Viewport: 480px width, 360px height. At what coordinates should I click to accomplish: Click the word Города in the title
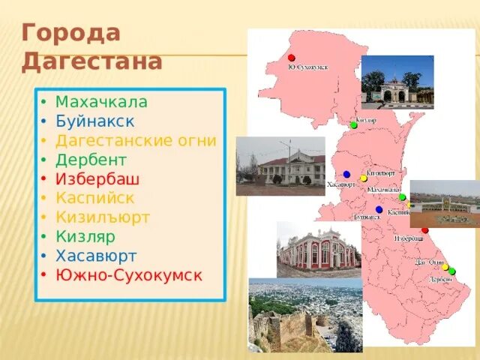(x=70, y=34)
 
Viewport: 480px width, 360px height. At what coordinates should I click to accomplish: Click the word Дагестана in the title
(x=91, y=61)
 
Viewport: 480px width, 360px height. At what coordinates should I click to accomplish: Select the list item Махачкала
(x=101, y=101)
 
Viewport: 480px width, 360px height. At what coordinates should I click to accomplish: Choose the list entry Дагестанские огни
(x=136, y=140)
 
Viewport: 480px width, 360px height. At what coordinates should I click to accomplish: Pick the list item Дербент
(x=91, y=160)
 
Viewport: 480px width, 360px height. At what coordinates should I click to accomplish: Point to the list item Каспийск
(x=94, y=198)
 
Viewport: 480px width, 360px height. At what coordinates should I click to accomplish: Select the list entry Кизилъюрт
(x=103, y=217)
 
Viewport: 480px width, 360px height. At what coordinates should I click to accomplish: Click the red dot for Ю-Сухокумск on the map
(x=292, y=58)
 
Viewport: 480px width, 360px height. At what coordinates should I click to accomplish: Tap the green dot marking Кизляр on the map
(x=353, y=125)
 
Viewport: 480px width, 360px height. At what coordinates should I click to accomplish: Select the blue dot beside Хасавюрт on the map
(x=346, y=174)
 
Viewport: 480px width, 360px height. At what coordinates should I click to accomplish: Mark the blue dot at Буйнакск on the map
(x=379, y=210)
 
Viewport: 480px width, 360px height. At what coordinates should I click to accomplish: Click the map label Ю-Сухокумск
(x=307, y=67)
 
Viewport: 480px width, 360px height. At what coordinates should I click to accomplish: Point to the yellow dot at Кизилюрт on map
(x=364, y=178)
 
